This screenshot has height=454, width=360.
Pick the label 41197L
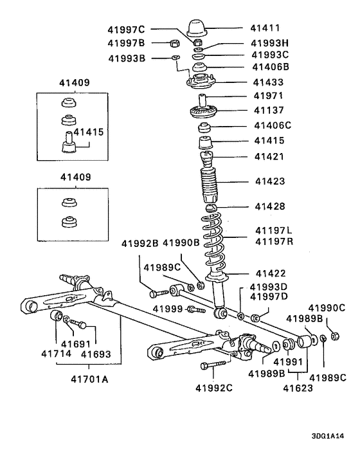click(x=274, y=230)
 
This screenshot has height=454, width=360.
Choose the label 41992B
click(x=140, y=243)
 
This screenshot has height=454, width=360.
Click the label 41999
click(x=168, y=309)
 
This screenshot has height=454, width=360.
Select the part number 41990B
click(x=181, y=243)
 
